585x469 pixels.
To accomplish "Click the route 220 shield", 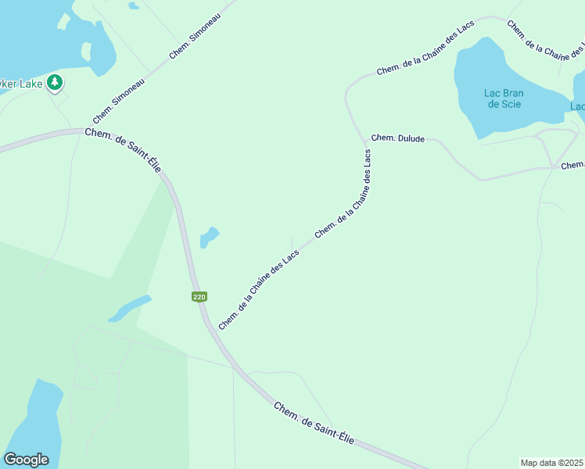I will (199, 297).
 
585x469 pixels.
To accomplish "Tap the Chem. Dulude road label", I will (397, 138).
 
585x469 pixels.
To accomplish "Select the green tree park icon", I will (54, 81).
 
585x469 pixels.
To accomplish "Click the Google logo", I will (26, 460).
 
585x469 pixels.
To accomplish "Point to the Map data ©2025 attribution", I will (552, 463).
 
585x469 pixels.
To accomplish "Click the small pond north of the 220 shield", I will (209, 236).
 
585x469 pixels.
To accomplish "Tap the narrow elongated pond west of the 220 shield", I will (130, 308).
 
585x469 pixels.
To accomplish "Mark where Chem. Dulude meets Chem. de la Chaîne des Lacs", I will (364, 141).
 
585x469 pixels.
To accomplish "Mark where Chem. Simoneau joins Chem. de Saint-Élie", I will (84, 131).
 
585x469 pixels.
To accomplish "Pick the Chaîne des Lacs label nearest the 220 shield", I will (259, 290).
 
